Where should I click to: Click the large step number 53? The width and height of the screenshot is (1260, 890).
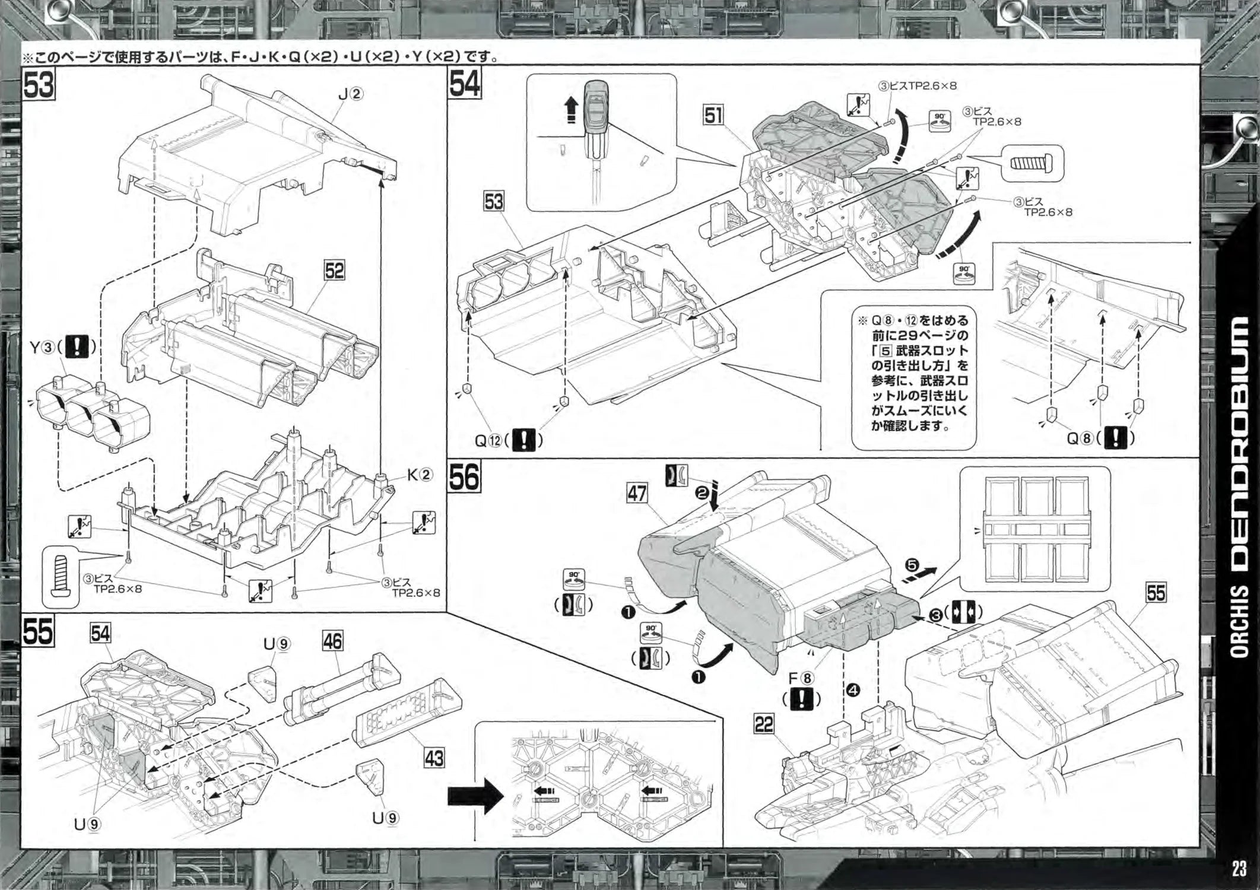point(39,85)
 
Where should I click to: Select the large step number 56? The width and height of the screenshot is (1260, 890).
point(464,478)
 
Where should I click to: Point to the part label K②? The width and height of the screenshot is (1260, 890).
point(420,475)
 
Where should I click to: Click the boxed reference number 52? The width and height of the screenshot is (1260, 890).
point(334,271)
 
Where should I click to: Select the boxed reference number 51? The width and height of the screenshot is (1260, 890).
point(713,115)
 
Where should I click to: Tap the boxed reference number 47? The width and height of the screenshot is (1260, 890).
point(637,493)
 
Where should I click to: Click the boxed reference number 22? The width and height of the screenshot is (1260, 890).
point(764,724)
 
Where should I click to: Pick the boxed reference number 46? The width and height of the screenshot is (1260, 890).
point(332,641)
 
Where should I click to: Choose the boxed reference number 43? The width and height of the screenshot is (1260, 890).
point(434,758)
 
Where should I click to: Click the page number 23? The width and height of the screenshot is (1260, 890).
point(1239,869)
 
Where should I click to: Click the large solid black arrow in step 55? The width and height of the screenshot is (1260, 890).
point(475,796)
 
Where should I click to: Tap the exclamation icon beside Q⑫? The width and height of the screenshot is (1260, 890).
point(523,440)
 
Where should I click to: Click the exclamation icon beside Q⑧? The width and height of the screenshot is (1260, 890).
point(1116,438)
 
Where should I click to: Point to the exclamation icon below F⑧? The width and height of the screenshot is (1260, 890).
point(802,700)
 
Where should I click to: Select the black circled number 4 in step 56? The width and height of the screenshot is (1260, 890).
point(853,690)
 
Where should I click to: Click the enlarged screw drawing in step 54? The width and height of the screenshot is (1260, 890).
point(1032,163)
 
